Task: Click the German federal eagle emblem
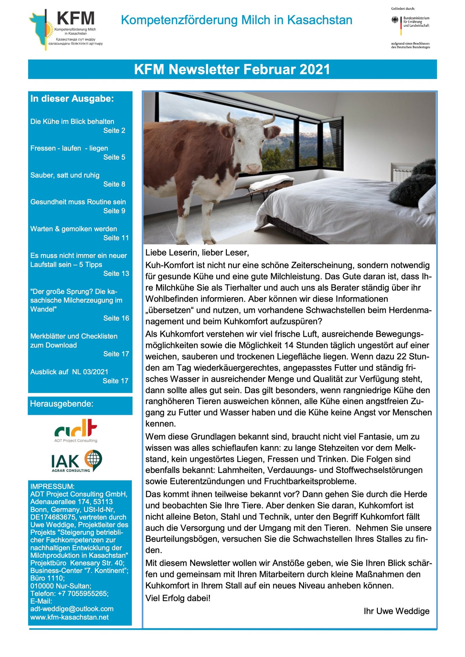(395, 20)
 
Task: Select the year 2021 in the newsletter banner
(315, 69)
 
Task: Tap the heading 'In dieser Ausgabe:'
(72, 99)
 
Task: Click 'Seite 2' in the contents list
(114, 131)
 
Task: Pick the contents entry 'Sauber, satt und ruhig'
(65, 175)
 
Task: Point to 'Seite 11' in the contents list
(116, 238)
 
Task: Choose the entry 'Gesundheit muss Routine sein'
(78, 202)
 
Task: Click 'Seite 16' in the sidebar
(116, 318)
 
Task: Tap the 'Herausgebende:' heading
(62, 404)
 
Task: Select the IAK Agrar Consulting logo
(76, 461)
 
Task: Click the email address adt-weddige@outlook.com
(72, 609)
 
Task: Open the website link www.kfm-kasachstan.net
(69, 617)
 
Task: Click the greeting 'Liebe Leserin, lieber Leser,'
(197, 253)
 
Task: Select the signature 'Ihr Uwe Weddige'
(396, 611)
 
